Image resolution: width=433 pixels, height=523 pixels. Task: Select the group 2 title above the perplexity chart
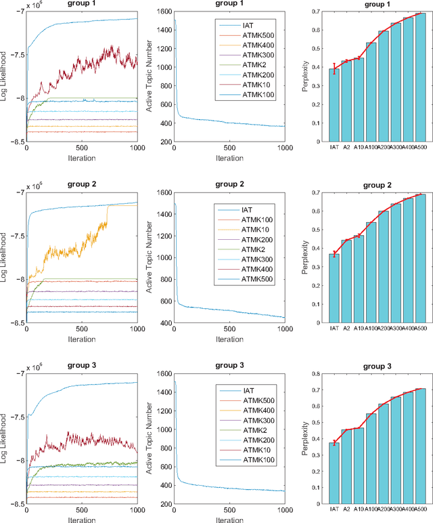tap(377, 183)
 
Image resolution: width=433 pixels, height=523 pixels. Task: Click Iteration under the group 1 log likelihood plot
tap(81, 158)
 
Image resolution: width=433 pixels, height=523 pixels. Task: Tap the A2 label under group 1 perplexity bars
tap(346, 146)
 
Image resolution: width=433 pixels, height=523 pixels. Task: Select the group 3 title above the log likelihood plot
tap(81, 364)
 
